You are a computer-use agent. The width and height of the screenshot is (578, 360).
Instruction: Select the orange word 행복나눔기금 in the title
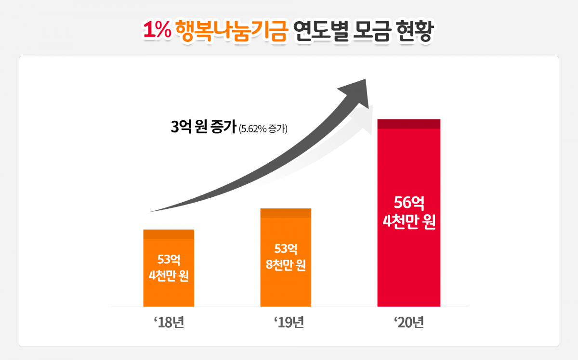231,30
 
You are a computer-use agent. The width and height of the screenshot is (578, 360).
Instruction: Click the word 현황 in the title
414,30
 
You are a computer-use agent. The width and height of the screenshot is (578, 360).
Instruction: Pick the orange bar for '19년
286,289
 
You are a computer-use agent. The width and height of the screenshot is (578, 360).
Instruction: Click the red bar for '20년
408,265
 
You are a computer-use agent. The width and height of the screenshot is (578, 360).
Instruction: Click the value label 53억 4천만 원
169,268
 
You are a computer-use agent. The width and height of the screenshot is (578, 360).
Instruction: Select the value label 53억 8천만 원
286,257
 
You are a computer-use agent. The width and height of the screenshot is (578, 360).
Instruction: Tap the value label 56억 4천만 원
408,212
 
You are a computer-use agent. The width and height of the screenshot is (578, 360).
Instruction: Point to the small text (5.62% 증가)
263,129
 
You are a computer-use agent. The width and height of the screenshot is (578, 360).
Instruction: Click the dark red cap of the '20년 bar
408,124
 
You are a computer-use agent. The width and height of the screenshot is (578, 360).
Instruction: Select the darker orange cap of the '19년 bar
286,213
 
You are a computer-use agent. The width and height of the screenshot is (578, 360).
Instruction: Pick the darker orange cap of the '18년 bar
169,234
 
